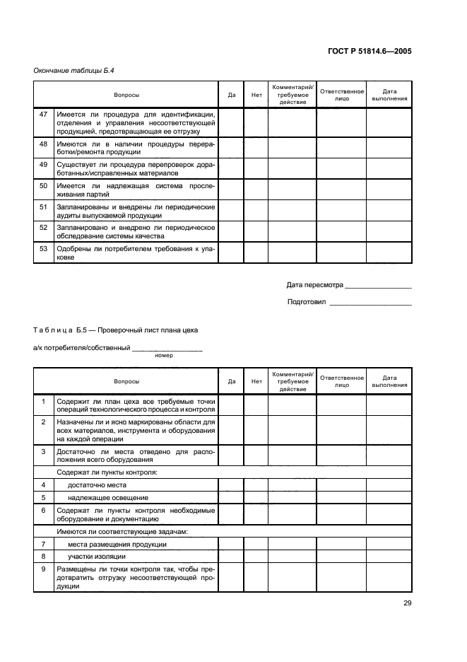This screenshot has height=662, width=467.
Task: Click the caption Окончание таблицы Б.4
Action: pos(69,71)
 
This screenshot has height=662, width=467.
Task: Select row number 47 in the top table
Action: pos(43,113)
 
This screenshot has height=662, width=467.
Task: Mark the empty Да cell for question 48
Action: pos(231,147)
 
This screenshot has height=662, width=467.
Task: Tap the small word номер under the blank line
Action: pos(164,355)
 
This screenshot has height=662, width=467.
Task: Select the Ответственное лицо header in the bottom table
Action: pos(341,381)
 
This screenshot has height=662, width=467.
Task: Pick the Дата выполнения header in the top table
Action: pos(389,95)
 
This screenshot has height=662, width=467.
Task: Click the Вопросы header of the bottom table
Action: pos(126,381)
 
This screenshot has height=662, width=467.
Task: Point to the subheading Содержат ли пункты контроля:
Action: pos(106,471)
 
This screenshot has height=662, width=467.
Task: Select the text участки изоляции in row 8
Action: pos(97,557)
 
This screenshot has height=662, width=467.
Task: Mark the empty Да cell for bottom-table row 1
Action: pos(231,405)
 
